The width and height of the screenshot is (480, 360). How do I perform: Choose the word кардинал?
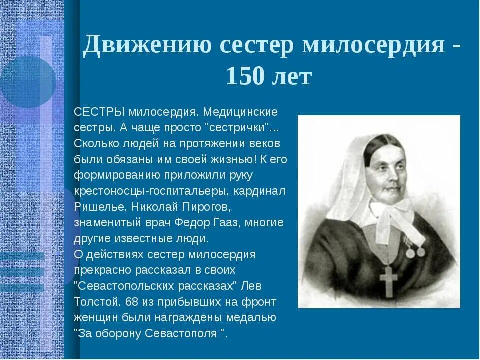click(265, 191)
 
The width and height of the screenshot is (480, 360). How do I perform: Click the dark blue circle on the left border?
click(27, 82)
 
